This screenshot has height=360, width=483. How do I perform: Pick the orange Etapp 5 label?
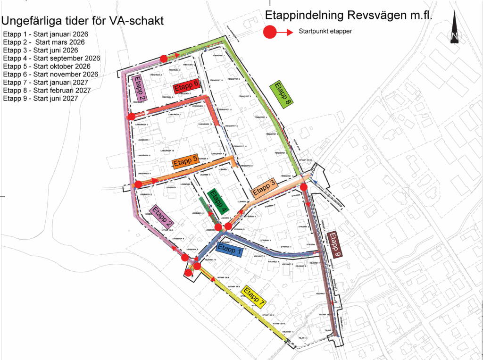185,162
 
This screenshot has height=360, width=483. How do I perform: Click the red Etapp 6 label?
185,88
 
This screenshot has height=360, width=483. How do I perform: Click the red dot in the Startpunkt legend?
270,33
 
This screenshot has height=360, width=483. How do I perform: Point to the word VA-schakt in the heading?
136,21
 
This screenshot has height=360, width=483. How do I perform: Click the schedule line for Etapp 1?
45,34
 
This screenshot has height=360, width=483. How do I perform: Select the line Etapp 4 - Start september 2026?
51,59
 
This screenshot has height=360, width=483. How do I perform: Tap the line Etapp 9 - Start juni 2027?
40,98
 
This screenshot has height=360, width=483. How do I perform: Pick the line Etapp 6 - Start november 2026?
50,74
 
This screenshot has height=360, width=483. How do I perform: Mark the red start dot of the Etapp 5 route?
138,184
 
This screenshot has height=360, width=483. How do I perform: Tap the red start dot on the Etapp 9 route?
304,187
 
